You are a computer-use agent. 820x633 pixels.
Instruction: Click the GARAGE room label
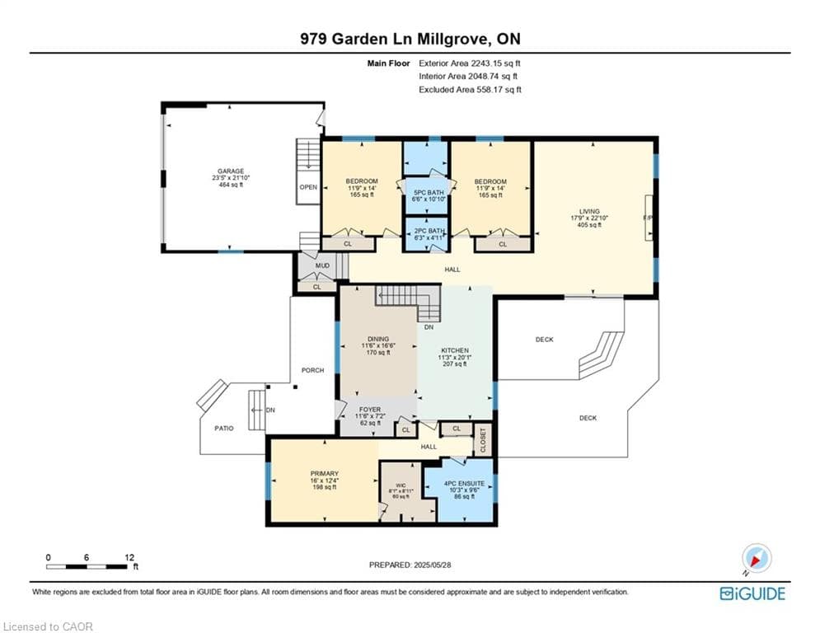(x=231, y=171)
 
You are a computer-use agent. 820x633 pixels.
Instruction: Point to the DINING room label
(x=378, y=339)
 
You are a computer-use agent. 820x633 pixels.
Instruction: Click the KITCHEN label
(x=454, y=350)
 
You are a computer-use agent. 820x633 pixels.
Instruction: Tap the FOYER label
(x=370, y=409)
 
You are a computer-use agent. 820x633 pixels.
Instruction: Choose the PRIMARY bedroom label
(x=325, y=474)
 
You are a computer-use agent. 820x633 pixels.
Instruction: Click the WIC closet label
(x=401, y=485)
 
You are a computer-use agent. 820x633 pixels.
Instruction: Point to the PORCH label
(x=312, y=370)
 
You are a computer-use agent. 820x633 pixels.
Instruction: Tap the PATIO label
(x=224, y=428)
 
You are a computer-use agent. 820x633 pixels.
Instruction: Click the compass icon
(x=756, y=559)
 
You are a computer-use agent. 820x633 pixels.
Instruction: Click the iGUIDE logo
(x=752, y=593)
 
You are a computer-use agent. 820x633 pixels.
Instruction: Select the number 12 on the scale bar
(x=129, y=556)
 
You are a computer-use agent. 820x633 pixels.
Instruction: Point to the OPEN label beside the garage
(x=308, y=187)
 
